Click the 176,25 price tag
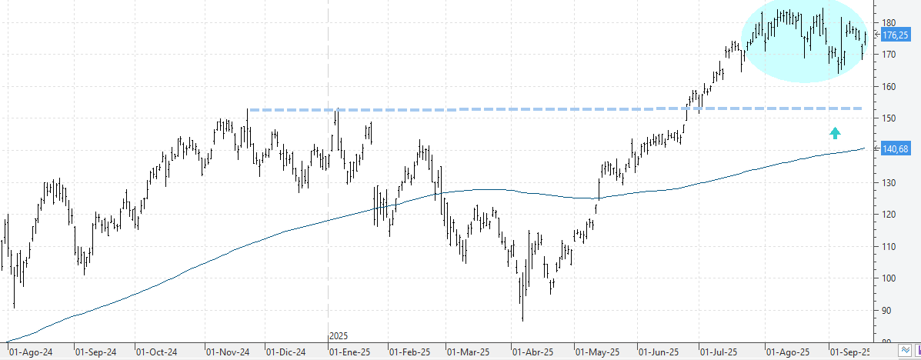point(896,35)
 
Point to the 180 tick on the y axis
point(889,22)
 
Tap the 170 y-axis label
point(889,55)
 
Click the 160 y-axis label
point(889,87)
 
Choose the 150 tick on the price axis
point(889,118)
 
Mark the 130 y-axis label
point(889,182)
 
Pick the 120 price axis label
point(889,215)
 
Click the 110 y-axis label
point(889,246)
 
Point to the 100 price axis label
point(889,278)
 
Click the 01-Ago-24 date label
point(30,352)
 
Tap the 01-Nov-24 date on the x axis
point(227,352)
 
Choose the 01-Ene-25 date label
point(351,352)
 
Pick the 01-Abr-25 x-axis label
point(532,352)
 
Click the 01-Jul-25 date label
point(719,352)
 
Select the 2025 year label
point(339,336)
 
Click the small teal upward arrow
point(836,133)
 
